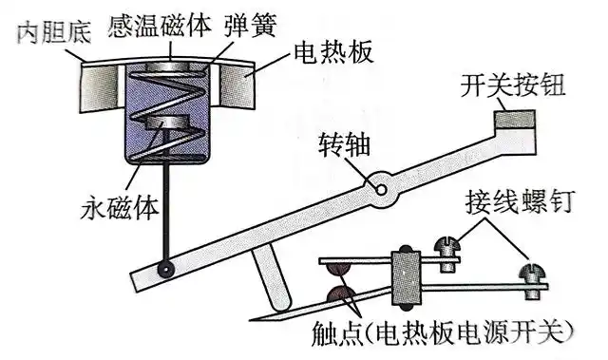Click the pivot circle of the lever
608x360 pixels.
382,186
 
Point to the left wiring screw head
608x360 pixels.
444,251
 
